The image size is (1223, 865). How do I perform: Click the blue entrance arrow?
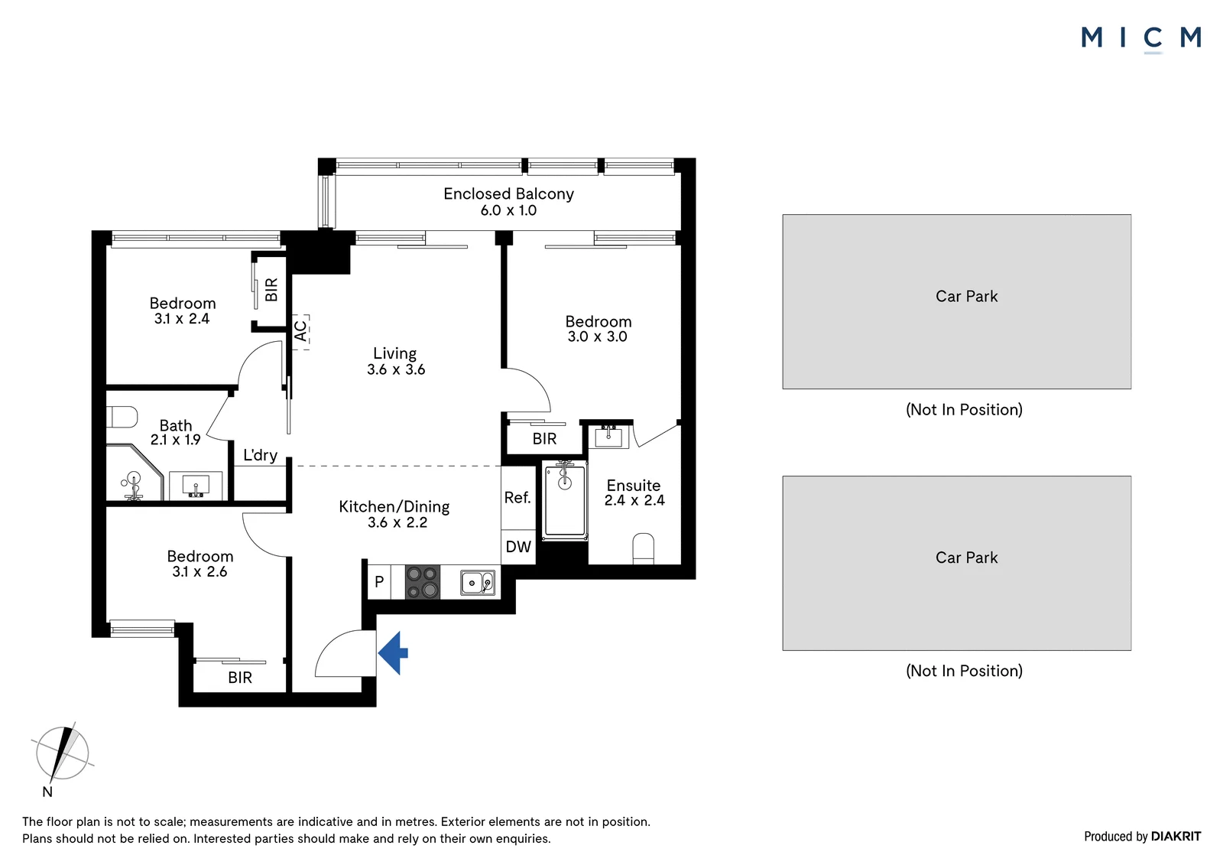click(x=393, y=652)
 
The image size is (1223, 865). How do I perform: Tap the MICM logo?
click(x=1141, y=38)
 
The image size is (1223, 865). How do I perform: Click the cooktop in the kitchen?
click(x=423, y=581)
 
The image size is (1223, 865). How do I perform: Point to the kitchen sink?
click(x=478, y=583)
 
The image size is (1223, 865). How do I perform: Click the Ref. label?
click(x=517, y=497)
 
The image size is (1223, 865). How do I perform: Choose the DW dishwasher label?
click(x=518, y=546)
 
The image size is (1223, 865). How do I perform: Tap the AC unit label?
click(x=301, y=330)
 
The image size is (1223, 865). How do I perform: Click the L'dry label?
click(x=260, y=454)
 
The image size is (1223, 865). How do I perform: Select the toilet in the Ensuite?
click(x=643, y=548)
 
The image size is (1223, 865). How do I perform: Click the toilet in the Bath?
click(x=122, y=417)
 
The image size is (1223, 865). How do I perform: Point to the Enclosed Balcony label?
click(x=508, y=194)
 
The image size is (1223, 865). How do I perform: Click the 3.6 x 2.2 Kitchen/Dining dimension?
click(x=397, y=522)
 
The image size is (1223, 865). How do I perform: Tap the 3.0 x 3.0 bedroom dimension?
click(x=597, y=337)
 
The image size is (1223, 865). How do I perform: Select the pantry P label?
click(x=379, y=582)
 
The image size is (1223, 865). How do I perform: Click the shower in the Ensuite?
click(x=565, y=500)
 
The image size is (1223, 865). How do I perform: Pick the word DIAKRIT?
click(x=1176, y=837)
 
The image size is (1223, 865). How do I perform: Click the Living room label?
click(x=394, y=353)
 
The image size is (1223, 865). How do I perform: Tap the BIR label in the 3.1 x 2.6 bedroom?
click(x=240, y=678)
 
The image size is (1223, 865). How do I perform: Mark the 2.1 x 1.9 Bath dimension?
click(x=175, y=440)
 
